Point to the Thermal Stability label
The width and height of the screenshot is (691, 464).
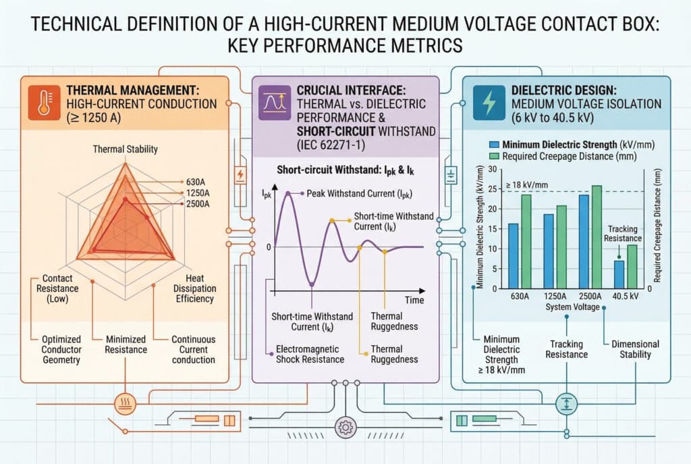point(126,149)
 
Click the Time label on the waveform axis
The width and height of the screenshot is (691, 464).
point(414,299)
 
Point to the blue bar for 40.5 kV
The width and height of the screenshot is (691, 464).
point(619,274)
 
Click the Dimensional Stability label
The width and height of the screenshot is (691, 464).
point(635,349)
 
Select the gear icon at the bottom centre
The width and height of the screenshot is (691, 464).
point(345,426)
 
